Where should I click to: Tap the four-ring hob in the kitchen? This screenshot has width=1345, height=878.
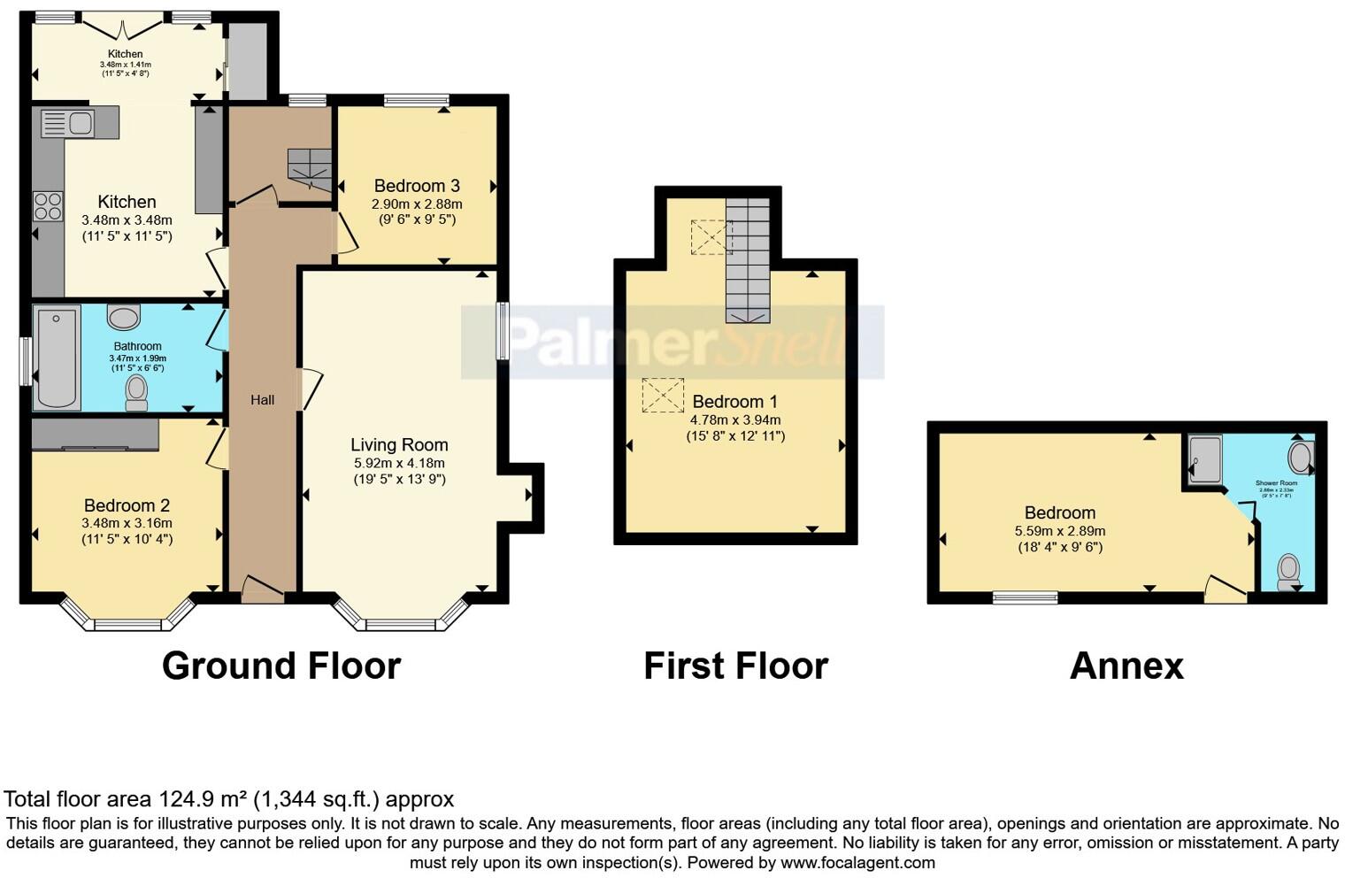pos(48,206)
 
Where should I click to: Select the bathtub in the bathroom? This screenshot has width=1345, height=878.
pos(58,358)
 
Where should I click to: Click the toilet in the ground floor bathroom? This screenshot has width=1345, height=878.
pos(136,393)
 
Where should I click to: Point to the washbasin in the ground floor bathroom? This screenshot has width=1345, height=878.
pos(123,317)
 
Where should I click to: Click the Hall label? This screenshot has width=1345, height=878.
pos(262,400)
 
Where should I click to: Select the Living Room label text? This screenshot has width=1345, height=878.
pos(399,445)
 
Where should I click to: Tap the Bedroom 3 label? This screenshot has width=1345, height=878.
pos(417,186)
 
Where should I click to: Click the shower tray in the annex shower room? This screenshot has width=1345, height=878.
pos(1204,461)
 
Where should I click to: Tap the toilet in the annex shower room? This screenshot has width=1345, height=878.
pos(1289,571)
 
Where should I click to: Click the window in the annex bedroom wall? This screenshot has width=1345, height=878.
pos(1026,597)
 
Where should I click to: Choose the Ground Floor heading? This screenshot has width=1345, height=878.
pos(281,666)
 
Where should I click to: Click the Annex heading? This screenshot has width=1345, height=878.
pos(1126,666)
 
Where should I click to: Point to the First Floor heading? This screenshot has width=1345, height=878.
pos(735,666)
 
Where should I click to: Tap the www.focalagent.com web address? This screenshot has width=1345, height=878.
pos(857,862)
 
